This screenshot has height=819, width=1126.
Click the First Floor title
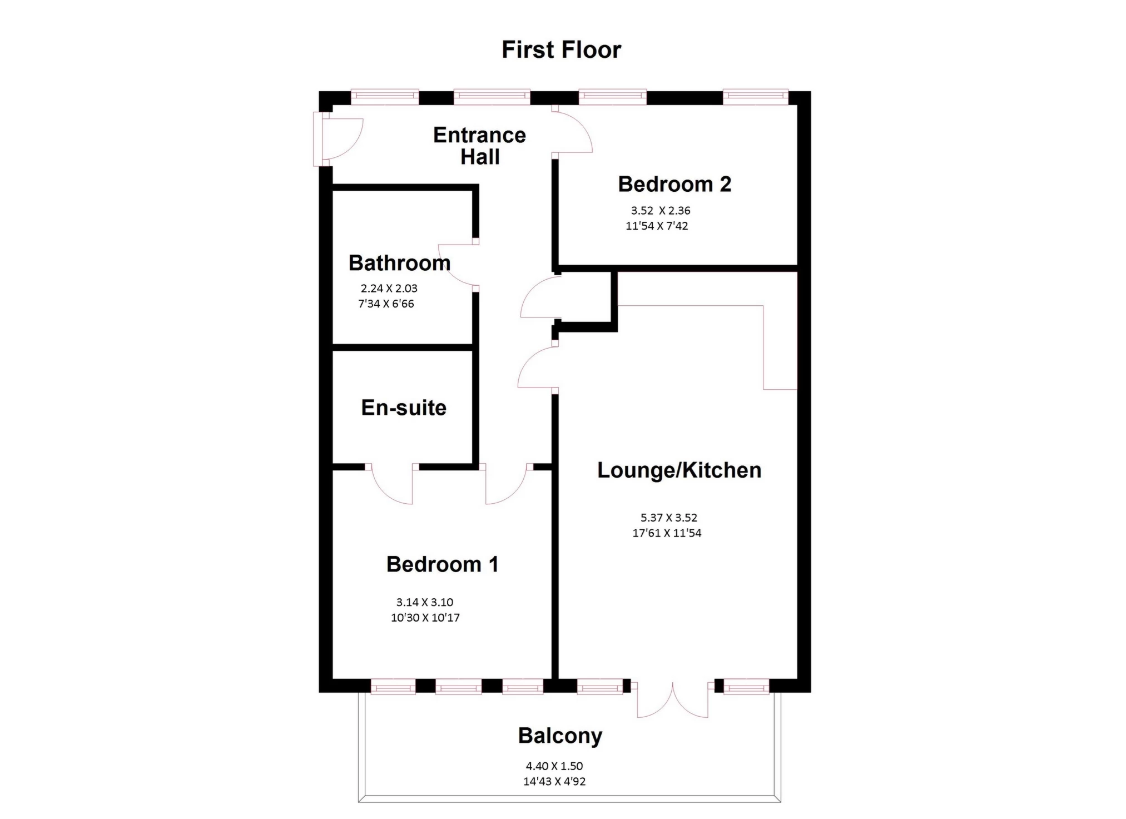561,49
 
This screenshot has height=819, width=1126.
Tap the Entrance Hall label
479,146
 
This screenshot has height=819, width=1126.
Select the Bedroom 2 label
674,184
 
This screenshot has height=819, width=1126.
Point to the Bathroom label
399,263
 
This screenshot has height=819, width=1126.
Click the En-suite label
404,408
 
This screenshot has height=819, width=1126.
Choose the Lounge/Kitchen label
679,470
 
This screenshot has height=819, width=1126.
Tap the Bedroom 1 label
442,564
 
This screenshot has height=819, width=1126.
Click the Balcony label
560,736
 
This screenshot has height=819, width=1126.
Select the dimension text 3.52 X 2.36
661,211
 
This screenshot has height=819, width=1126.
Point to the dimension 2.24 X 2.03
389,289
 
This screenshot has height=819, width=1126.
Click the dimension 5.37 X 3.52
668,518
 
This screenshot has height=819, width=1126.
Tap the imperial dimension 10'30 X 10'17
425,618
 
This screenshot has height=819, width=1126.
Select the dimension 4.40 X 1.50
554,766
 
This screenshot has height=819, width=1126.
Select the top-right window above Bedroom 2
755,97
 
